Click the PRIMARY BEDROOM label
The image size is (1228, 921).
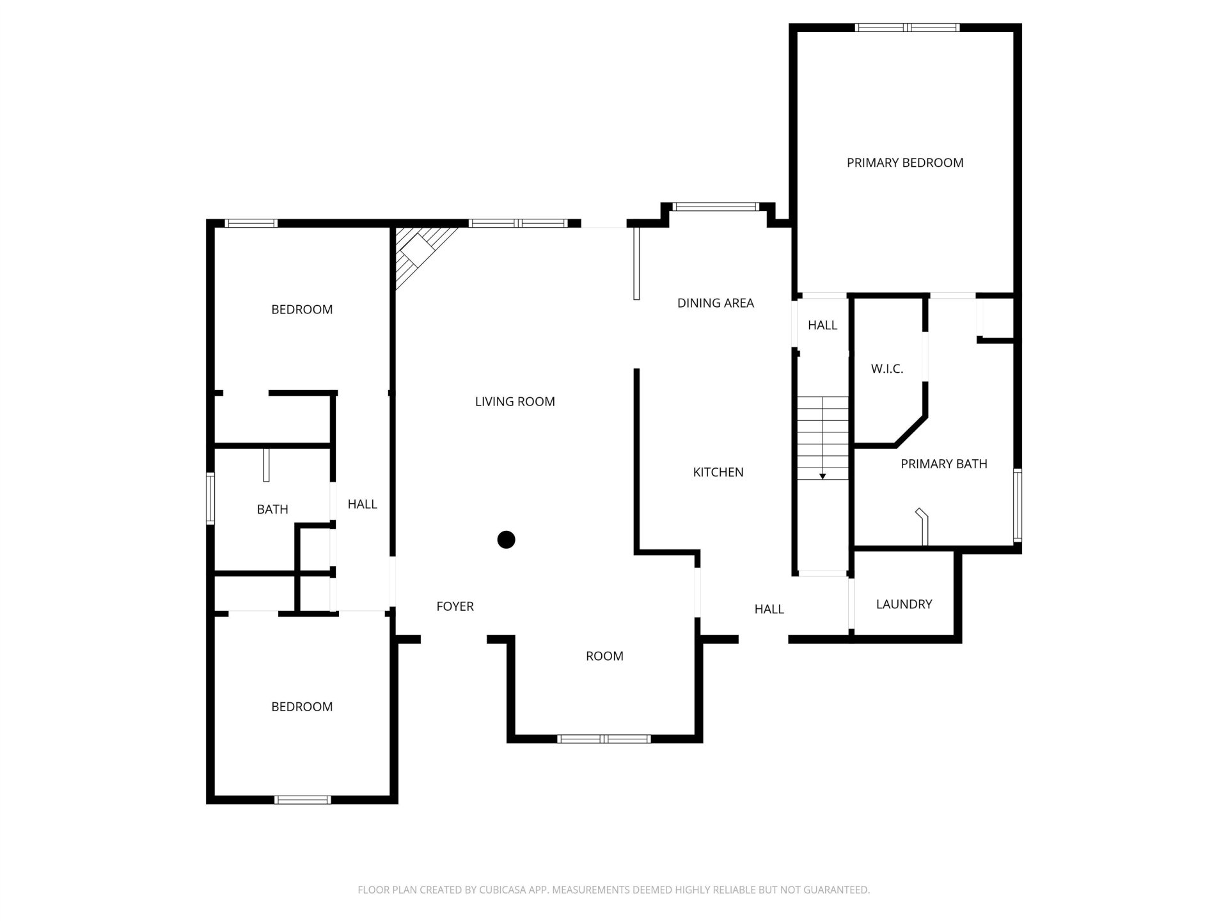pos(905,163)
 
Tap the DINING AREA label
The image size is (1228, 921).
pos(716,303)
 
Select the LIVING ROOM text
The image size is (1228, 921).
pos(515,402)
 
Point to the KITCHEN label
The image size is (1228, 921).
pos(718,472)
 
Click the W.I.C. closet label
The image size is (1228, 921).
pos(887,369)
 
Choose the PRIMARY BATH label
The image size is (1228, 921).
pos(944,464)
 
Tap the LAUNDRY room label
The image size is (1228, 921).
pos(904,604)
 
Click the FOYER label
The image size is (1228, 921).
pos(455,606)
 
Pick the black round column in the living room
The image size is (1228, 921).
pos(507,540)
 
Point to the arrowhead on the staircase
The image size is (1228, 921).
pos(823,476)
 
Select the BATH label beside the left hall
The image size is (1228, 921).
pos(272,509)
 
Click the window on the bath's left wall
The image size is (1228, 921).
pos(210,499)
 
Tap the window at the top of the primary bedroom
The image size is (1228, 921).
pos(907,28)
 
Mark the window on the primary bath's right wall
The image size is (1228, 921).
pos(1018,505)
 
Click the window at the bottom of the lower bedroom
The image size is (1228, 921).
pos(303,799)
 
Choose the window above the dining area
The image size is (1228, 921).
pos(716,207)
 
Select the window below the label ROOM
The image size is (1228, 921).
pos(604,739)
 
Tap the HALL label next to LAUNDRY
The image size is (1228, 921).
pos(769,609)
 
